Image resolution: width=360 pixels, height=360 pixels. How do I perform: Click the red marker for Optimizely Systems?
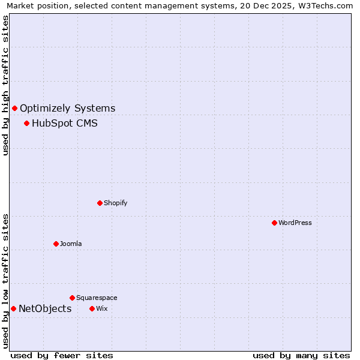point(14,108)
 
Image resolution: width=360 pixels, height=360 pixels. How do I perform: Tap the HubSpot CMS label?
point(64,124)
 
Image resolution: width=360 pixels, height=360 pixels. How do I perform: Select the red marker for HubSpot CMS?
point(26,123)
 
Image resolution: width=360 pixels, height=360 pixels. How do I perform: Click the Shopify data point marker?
point(100,203)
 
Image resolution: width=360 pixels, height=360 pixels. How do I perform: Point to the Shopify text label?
point(115,203)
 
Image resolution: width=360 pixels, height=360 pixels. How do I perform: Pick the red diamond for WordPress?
point(274,223)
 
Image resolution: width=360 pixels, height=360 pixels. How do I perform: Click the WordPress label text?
point(295,223)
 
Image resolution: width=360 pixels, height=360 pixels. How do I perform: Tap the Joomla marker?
point(56,244)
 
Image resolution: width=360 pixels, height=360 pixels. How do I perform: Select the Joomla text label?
point(71,244)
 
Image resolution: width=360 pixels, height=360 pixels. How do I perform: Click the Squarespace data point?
point(72,298)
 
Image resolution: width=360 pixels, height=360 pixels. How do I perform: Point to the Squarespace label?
point(97,298)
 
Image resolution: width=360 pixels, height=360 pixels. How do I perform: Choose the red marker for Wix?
point(92,308)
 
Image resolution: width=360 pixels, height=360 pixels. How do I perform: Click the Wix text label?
point(101,308)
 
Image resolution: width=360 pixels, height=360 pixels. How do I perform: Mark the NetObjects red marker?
point(13,308)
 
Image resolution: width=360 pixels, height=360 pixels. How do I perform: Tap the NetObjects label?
point(45,309)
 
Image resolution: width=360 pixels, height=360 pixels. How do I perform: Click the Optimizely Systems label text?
point(67,109)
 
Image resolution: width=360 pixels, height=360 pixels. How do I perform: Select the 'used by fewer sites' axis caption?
point(62,355)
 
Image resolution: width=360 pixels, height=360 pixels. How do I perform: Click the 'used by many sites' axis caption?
point(301,355)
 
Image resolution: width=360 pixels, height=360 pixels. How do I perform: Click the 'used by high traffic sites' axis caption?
point(5,85)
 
